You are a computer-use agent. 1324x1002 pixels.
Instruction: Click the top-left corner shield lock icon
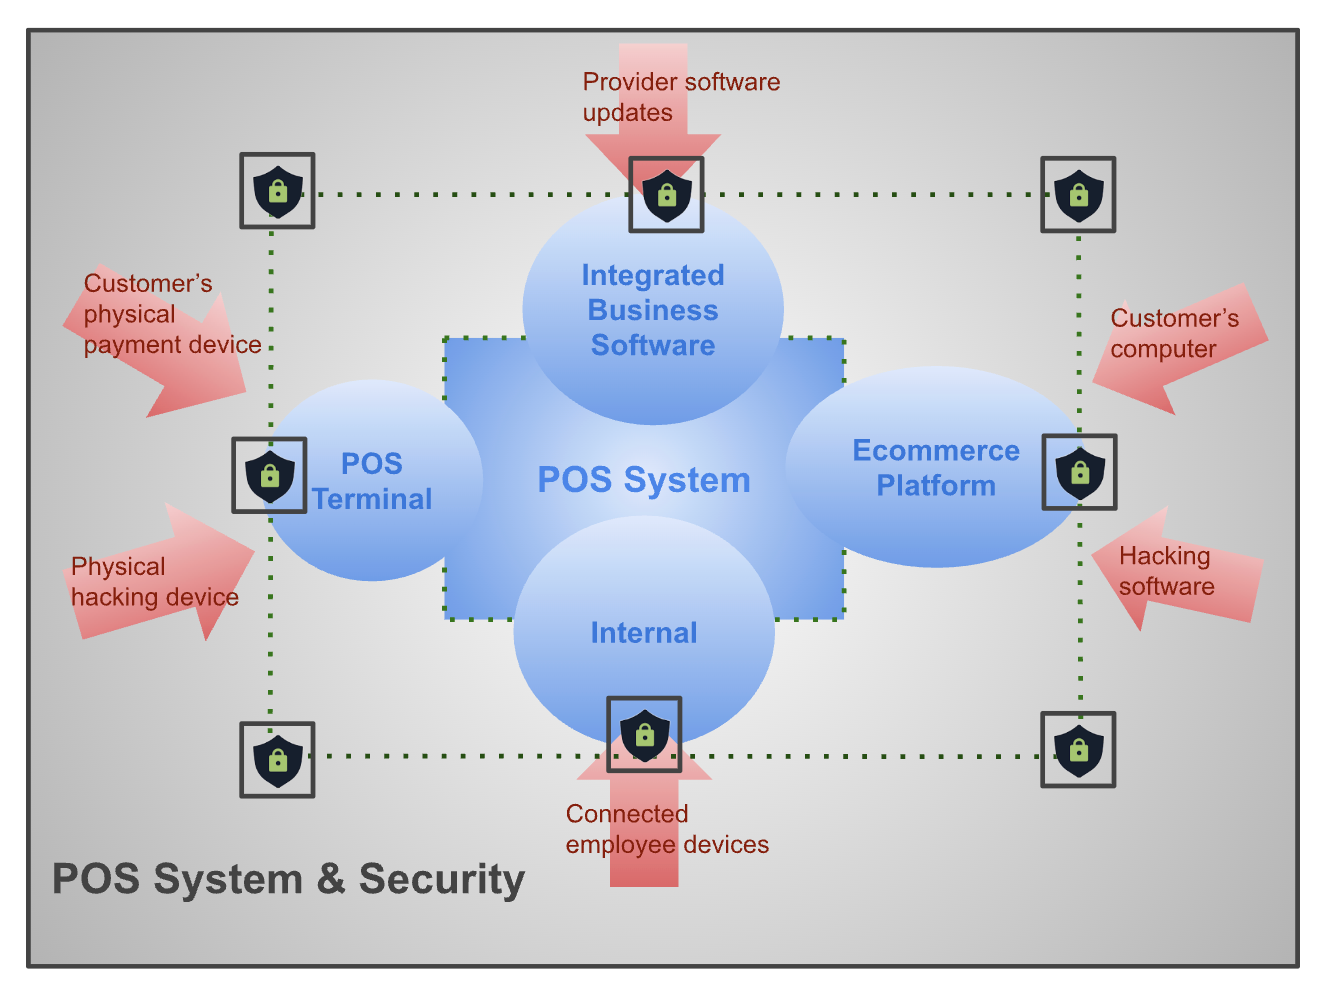click(278, 191)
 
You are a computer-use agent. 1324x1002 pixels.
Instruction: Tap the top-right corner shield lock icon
click(1078, 195)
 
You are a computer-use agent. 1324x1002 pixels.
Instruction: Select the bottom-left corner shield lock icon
click(278, 760)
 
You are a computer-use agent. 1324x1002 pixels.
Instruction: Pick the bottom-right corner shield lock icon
click(1078, 750)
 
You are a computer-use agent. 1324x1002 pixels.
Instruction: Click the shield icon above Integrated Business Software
click(666, 195)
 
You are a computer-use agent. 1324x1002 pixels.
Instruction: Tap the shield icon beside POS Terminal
click(269, 475)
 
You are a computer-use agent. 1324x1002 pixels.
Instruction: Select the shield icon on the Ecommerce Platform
click(1079, 472)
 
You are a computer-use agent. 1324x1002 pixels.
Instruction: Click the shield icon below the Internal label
click(645, 735)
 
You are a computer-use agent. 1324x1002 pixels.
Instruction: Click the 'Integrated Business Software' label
click(653, 310)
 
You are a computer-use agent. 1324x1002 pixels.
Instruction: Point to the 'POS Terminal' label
click(372, 481)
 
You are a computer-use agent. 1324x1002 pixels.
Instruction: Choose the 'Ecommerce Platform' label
click(936, 468)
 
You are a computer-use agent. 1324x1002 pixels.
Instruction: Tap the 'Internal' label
click(644, 633)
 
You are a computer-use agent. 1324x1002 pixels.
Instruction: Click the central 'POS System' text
click(644, 480)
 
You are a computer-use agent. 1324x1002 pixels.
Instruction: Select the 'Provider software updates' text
click(680, 97)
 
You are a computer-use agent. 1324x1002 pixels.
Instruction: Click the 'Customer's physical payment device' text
click(170, 314)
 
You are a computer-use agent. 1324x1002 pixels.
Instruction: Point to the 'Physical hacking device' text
click(154, 582)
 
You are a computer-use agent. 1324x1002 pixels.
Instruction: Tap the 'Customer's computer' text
click(1174, 334)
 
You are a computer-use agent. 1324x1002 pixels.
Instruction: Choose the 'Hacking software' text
click(1166, 571)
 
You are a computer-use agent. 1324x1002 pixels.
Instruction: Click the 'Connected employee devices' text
click(666, 829)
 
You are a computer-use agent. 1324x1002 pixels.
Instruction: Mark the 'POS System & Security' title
click(288, 880)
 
